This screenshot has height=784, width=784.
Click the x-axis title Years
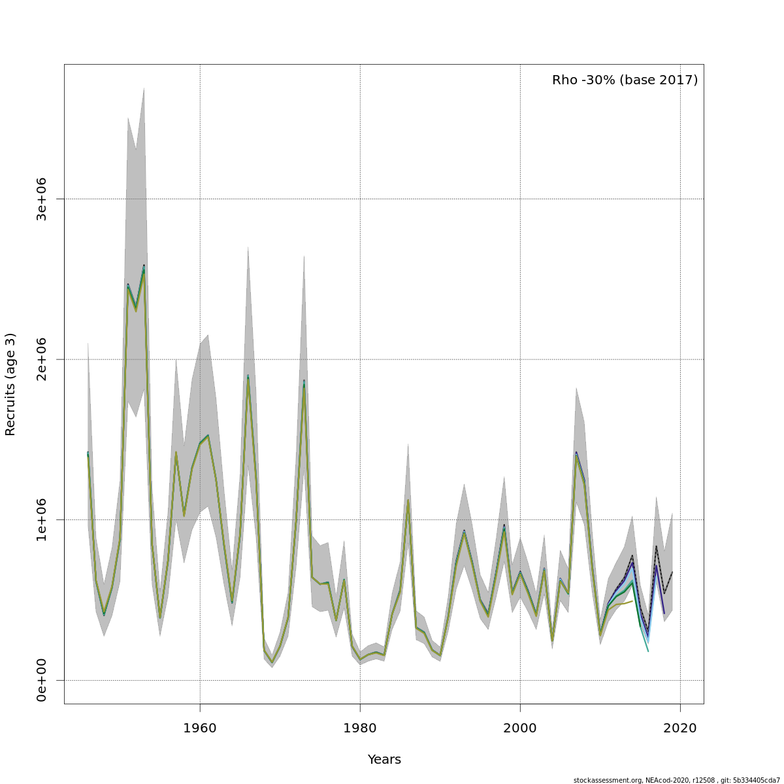coord(384,759)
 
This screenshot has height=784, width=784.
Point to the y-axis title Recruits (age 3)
coord(10,384)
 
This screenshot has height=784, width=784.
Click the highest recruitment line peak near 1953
coord(144,267)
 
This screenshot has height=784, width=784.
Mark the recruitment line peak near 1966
coord(248,376)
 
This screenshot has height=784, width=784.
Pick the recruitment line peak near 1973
coord(304,382)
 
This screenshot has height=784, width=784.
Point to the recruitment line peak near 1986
coord(408,501)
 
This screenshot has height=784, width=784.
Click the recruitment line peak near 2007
coord(576,453)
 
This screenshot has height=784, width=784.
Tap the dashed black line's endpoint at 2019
coord(672,572)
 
